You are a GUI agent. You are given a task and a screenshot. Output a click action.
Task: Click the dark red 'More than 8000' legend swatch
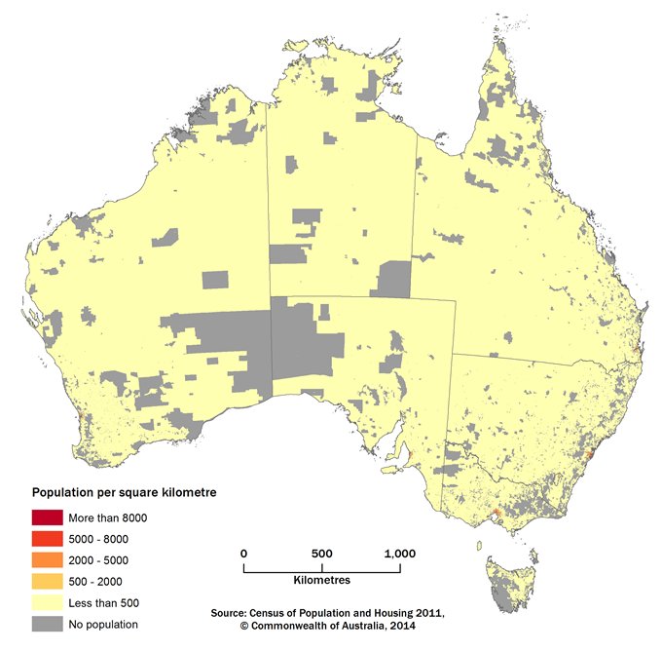click(46, 517)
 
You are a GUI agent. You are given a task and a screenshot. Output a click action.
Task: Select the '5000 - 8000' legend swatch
click(46, 539)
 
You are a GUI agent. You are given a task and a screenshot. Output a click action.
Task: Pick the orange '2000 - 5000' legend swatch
click(46, 560)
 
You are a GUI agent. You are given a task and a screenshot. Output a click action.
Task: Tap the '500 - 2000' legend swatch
click(46, 582)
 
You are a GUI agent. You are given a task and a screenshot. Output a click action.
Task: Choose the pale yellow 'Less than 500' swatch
click(46, 603)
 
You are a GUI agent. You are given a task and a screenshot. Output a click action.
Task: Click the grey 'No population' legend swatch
click(46, 625)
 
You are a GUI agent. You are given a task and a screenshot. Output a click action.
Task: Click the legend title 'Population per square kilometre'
click(125, 493)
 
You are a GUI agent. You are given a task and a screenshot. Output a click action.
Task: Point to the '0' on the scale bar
click(243, 553)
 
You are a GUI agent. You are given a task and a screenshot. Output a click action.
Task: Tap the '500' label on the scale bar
click(322, 553)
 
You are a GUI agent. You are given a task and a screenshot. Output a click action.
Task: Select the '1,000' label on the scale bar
click(400, 553)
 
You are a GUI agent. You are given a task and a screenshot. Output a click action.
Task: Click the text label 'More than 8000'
click(107, 517)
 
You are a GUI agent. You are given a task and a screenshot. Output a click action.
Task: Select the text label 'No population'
click(102, 625)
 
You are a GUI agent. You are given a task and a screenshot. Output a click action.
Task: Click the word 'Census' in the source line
click(275, 613)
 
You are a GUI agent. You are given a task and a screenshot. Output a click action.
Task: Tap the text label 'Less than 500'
click(103, 603)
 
